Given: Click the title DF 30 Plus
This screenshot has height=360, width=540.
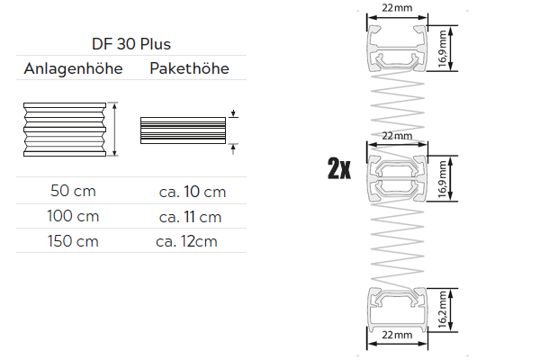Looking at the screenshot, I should [130, 43].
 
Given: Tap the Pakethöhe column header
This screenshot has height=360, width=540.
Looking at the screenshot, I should [189, 69].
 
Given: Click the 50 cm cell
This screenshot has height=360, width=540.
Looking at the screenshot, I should [73, 191].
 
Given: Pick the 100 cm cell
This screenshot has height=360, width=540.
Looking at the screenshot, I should [73, 216].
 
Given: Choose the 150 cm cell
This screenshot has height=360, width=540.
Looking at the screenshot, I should [73, 240].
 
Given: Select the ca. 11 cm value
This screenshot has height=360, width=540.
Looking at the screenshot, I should [190, 216].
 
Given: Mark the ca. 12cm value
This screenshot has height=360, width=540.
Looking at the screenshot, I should [188, 241].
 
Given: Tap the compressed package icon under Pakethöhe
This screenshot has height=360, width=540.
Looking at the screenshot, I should [183, 130].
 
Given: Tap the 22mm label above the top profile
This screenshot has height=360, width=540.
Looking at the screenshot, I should [398, 8].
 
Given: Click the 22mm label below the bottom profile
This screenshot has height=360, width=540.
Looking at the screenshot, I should [398, 336].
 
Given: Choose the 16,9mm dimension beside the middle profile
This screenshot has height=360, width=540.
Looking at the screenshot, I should [443, 177].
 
